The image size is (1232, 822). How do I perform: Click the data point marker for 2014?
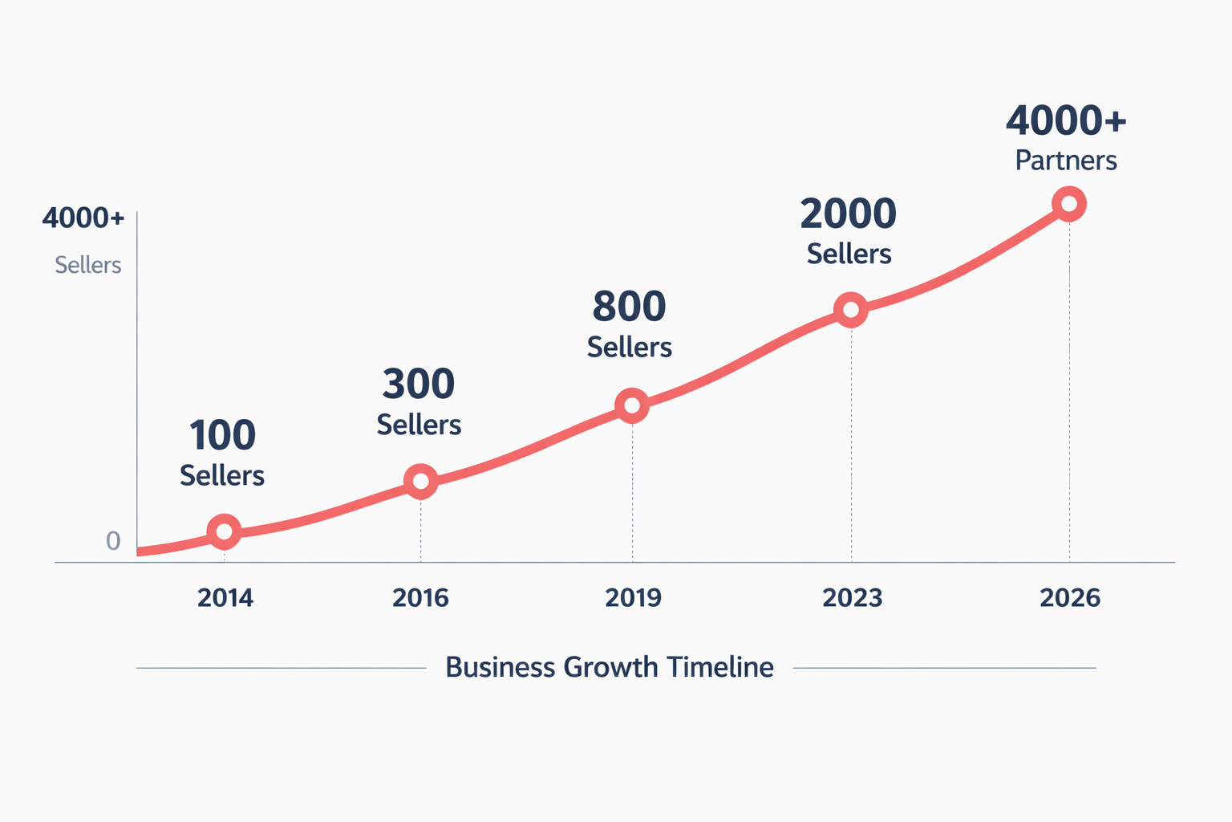[x=224, y=531]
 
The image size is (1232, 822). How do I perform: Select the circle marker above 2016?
[x=420, y=482]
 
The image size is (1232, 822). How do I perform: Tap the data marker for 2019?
[x=632, y=406]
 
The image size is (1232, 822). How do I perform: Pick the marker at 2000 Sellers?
[x=850, y=310]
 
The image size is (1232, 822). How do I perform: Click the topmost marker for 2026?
[x=1068, y=204]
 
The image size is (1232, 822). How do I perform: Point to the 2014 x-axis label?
[x=225, y=598]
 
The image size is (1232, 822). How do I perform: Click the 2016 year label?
[x=420, y=598]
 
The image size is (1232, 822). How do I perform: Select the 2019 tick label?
[x=633, y=598]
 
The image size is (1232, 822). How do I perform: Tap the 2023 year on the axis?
[x=852, y=598]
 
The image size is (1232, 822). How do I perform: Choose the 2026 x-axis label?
[x=1069, y=598]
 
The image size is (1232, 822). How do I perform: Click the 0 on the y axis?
[x=113, y=541]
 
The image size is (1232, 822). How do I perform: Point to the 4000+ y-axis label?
[x=83, y=218]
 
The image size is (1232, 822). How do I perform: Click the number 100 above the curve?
[x=222, y=436]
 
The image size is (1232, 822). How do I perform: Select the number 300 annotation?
[x=419, y=385]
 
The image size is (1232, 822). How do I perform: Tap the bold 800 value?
[x=630, y=307]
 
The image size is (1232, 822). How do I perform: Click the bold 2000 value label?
[x=848, y=214]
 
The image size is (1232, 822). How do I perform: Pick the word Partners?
[x=1066, y=161]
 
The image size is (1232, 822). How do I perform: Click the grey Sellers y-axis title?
[x=87, y=265]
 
